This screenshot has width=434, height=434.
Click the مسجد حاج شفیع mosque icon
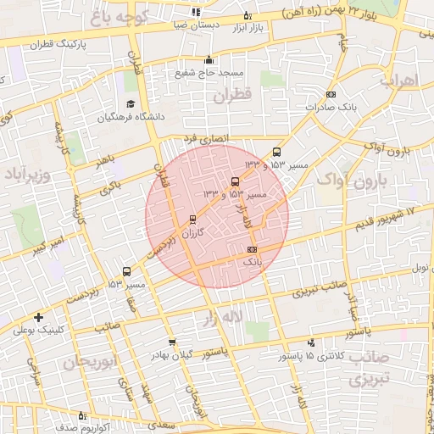click(209, 59)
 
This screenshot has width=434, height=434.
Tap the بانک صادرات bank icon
click(331, 94)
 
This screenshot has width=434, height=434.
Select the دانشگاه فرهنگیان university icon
click(130, 104)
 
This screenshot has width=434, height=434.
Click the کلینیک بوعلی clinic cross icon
click(39, 318)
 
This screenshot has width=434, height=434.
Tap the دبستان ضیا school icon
click(197, 12)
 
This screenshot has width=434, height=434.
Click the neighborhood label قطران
click(233, 97)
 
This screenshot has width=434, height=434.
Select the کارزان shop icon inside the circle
click(192, 219)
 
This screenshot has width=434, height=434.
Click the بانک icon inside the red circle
click(252, 249)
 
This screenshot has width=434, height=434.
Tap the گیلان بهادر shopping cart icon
click(173, 342)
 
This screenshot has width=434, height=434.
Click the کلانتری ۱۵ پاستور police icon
click(312, 343)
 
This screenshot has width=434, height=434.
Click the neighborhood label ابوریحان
click(87, 362)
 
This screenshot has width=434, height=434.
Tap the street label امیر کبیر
click(50, 248)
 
